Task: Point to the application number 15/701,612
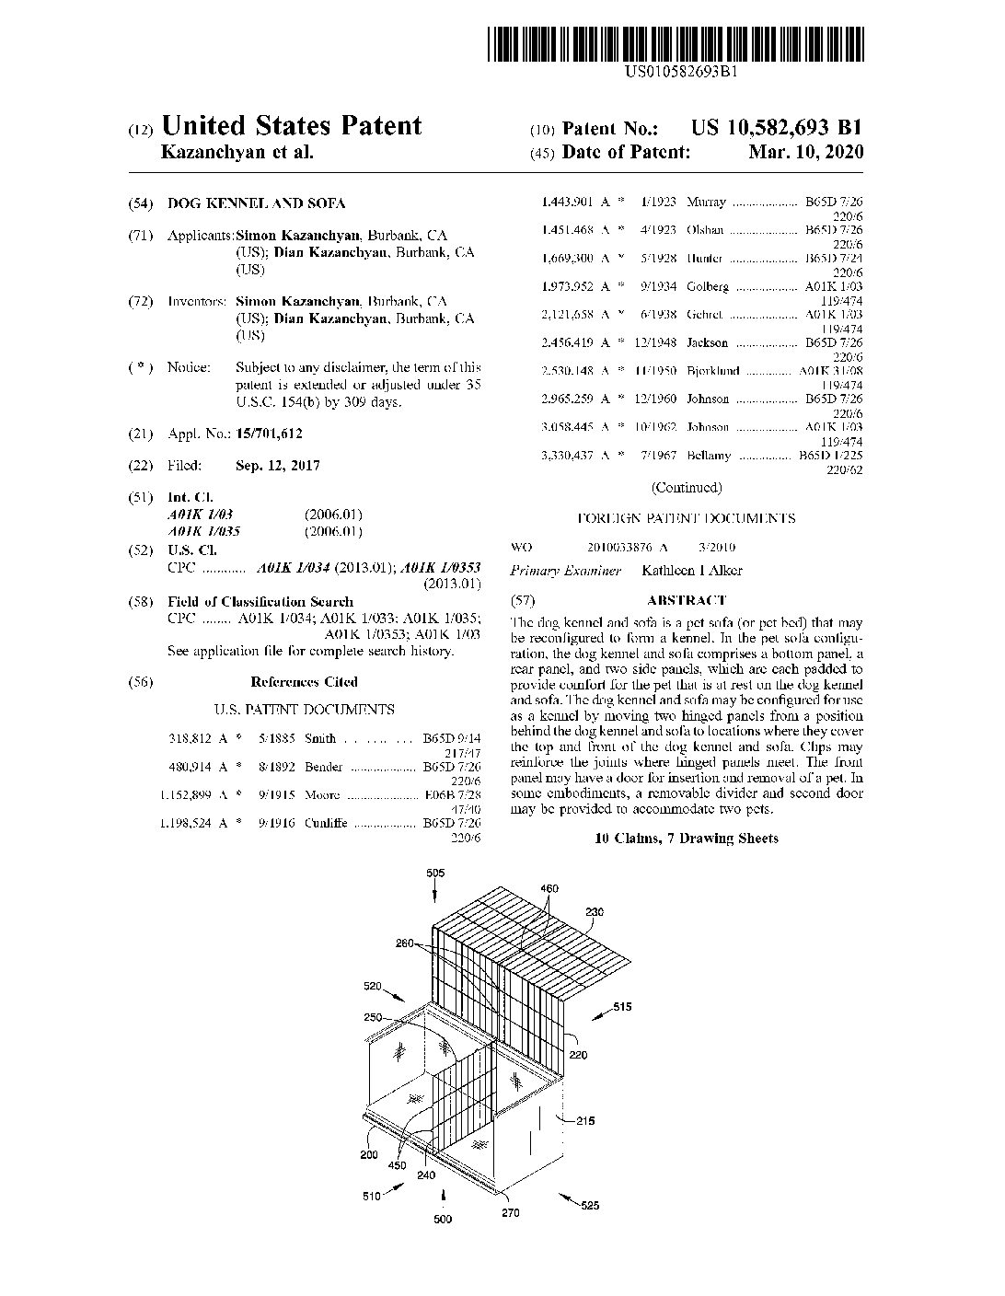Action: [x=269, y=434]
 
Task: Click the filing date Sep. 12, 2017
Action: [x=277, y=466]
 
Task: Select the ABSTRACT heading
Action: [x=686, y=600]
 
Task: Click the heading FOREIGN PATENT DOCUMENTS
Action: [x=686, y=518]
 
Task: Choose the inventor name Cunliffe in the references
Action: [x=325, y=823]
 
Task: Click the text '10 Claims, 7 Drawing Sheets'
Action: [x=686, y=839]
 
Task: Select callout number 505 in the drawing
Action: [x=436, y=873]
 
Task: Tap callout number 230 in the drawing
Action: [x=595, y=912]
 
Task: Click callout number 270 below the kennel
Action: [x=510, y=1212]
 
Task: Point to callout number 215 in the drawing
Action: [x=585, y=1120]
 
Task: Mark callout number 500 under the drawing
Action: [x=444, y=1219]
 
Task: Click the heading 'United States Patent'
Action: [x=291, y=126]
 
